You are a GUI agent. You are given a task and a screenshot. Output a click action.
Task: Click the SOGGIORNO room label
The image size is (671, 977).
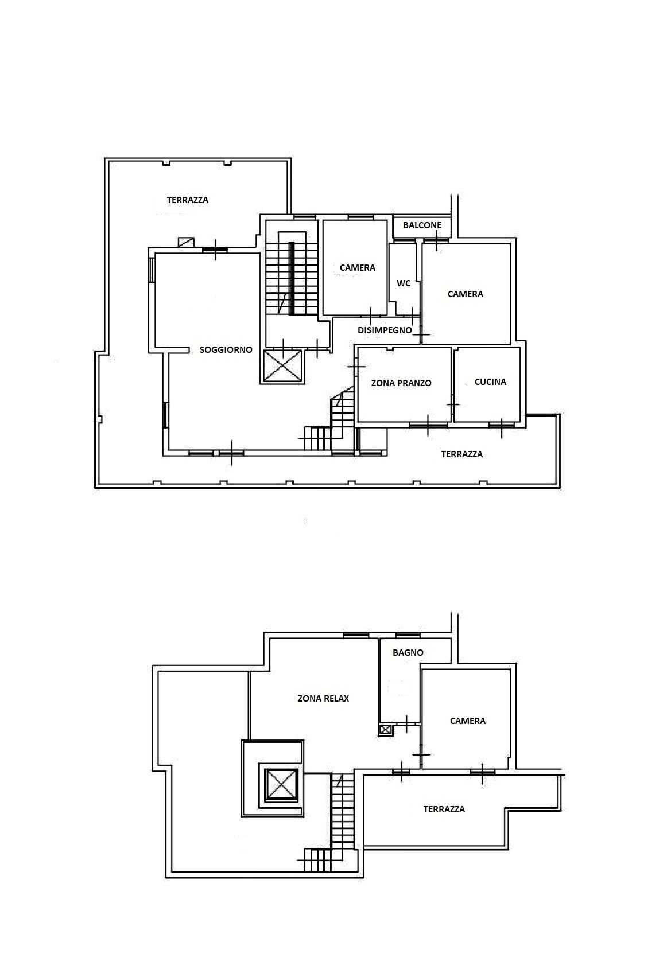pos(226,350)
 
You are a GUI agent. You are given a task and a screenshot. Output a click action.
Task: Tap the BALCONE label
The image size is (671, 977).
pos(422,225)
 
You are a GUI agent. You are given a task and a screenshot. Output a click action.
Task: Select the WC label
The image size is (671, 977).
pos(404,283)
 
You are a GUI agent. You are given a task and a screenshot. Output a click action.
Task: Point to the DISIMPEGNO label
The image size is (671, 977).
pos(385,330)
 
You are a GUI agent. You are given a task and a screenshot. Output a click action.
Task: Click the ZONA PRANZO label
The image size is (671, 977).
pos(401,383)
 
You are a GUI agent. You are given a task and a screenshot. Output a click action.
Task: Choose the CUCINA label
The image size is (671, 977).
pos(490,382)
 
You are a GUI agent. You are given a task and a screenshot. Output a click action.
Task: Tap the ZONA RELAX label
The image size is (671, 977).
pos(323,699)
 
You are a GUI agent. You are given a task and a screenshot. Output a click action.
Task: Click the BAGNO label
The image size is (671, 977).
pos(408,653)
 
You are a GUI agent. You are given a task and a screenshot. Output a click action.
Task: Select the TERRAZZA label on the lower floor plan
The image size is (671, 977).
pos(444,809)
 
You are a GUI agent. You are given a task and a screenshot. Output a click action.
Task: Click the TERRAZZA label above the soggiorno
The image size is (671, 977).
pos(188,200)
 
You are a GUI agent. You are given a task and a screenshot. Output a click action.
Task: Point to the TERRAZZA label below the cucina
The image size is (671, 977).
pos(461,454)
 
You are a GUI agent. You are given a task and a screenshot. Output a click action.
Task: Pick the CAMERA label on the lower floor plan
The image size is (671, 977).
pos(468,721)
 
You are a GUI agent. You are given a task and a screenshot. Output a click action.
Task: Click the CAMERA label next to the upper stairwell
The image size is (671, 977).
pos(358,268)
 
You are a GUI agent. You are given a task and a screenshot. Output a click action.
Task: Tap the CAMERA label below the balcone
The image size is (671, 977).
pos(465,294)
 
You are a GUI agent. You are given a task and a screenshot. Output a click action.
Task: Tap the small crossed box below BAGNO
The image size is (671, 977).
pos(386,730)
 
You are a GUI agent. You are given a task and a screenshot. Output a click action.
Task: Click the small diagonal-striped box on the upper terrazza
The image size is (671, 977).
pos(187,242)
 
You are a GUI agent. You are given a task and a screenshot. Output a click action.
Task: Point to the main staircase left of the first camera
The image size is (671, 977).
pos(292,273)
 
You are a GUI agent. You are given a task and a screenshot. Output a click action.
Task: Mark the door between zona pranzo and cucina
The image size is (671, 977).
pos(453,405)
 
